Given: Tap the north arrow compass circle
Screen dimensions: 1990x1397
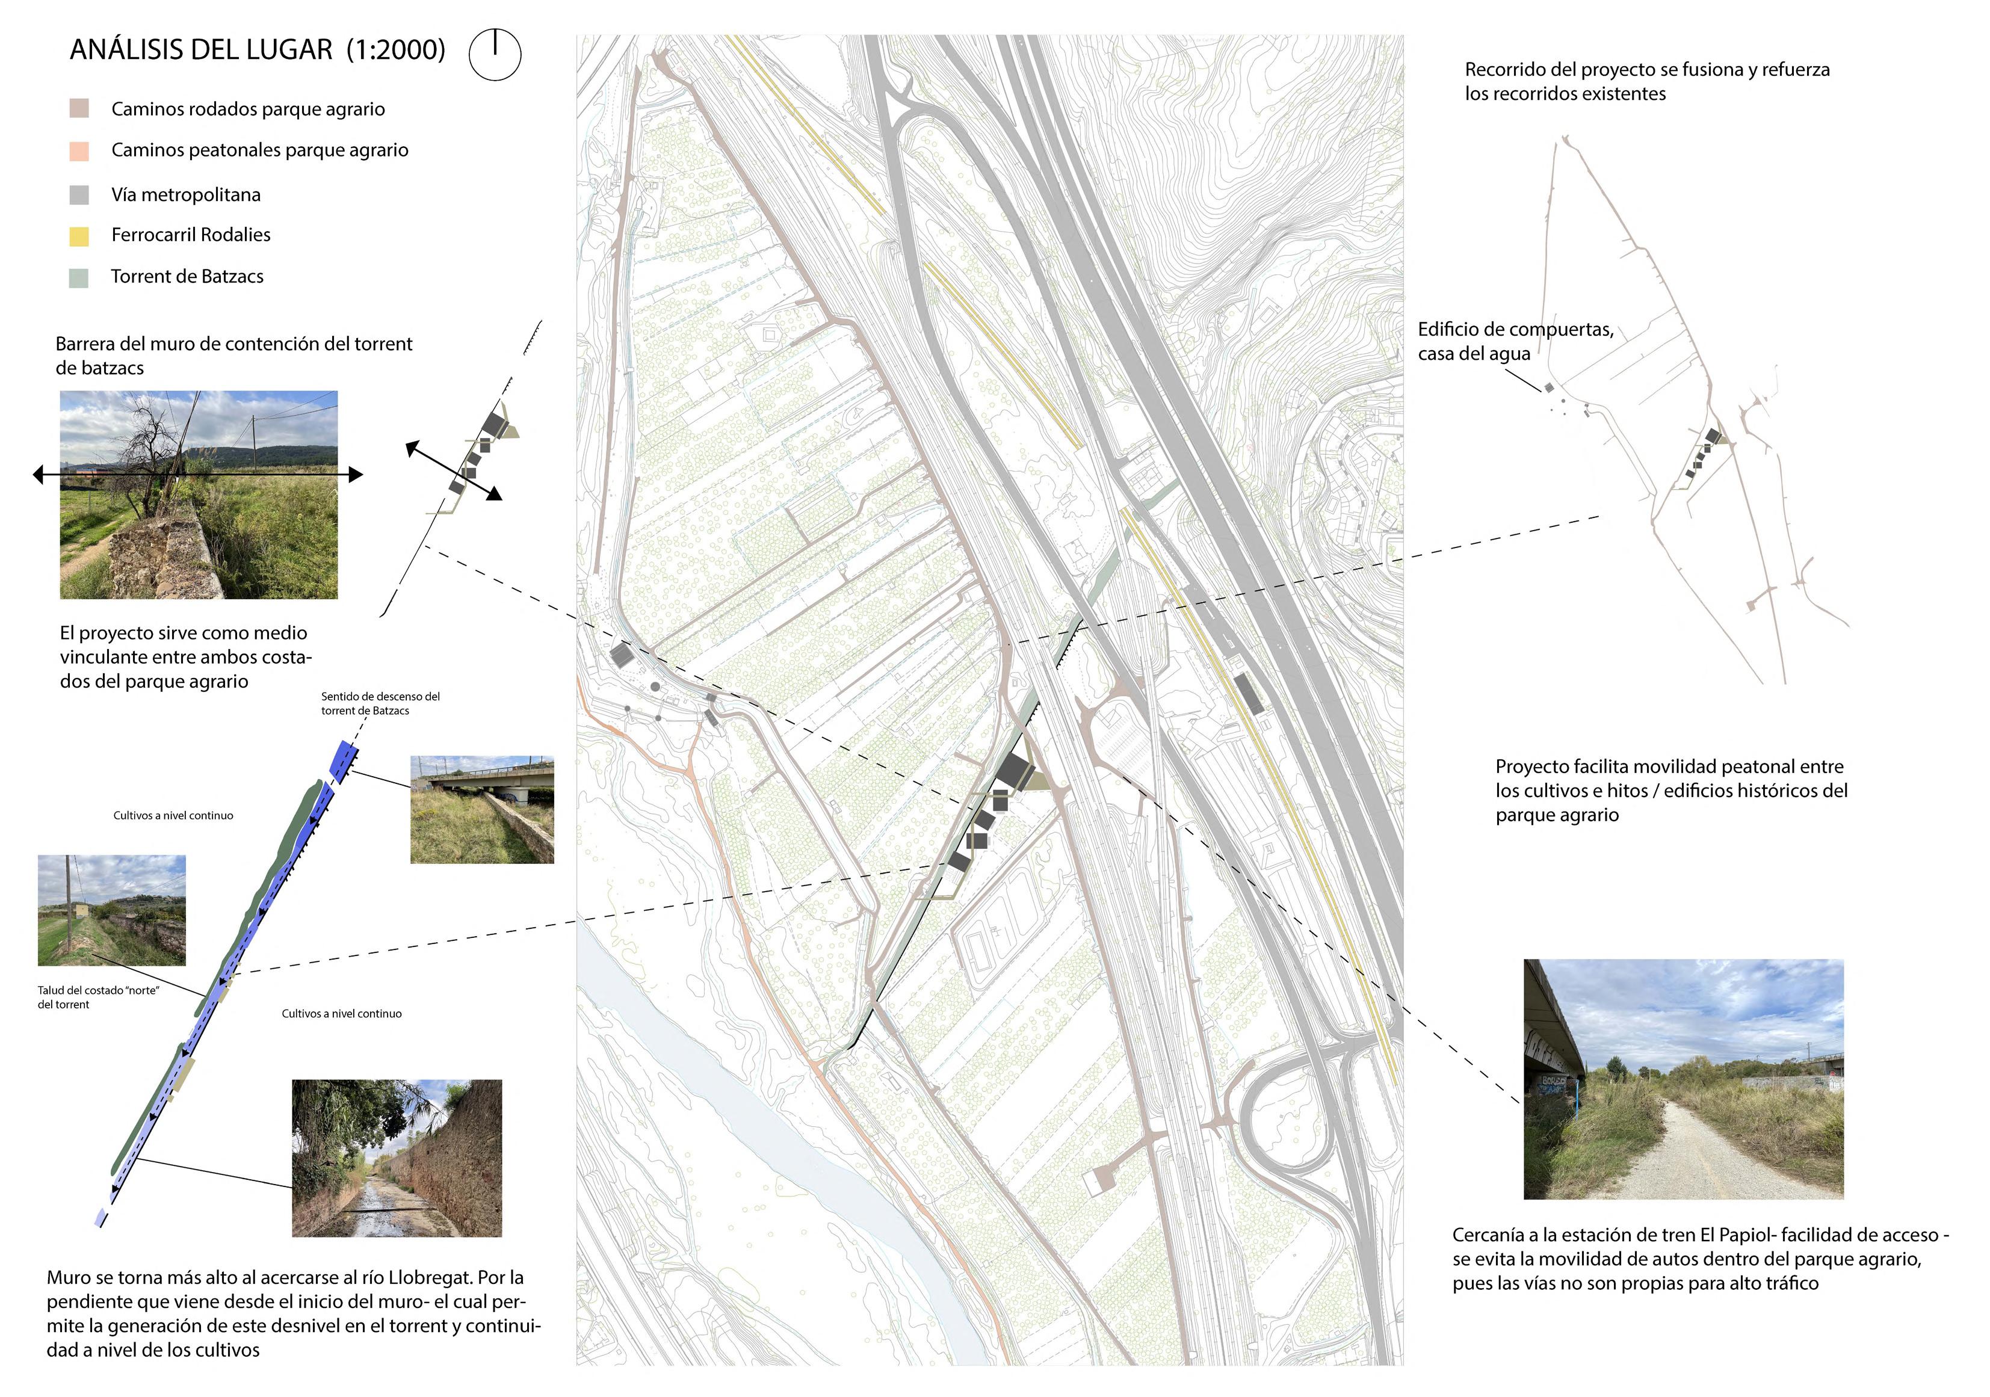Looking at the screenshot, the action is (x=495, y=55).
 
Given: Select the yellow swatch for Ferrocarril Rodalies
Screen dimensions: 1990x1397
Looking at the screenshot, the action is (x=79, y=236).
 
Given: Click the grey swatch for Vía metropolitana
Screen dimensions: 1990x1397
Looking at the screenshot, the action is (x=79, y=195).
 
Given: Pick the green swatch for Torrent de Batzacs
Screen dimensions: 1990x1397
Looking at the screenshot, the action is (x=79, y=277).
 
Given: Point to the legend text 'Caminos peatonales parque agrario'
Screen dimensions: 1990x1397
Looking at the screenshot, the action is (x=259, y=150).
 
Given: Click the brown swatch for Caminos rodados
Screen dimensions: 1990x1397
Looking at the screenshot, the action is (x=79, y=109).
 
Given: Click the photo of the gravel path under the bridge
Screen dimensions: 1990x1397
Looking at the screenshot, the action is (x=1683, y=1079).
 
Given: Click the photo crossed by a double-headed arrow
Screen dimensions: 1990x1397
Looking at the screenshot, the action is (x=199, y=495).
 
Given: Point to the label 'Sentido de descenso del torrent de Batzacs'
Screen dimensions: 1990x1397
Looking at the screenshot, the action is (x=380, y=703).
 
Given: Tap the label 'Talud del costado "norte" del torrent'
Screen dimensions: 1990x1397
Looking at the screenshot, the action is (x=98, y=998).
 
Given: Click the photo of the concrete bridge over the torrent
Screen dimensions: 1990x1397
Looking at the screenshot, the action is (x=482, y=809).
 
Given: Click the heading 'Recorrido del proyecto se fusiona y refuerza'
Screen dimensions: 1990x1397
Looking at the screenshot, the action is (x=1647, y=69).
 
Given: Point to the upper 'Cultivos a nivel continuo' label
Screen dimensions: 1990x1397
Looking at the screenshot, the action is (x=173, y=815).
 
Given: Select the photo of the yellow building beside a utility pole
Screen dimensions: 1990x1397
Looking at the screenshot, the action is (x=112, y=910).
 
